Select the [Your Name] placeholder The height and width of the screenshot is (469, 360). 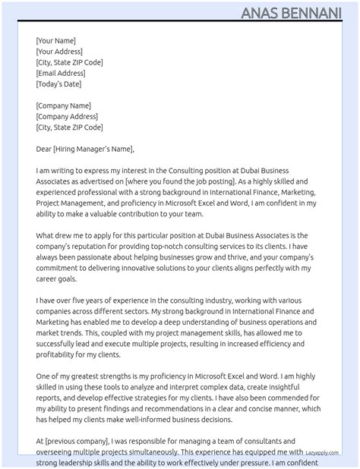[55, 41]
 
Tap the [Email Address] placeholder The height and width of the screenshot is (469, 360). [61, 74]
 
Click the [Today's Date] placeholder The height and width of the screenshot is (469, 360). [60, 84]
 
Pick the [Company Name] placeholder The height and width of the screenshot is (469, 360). [63, 106]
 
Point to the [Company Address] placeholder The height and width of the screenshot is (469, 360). [67, 117]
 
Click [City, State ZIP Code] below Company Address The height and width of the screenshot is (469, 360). [69, 127]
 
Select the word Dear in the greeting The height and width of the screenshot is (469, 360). [44, 150]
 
